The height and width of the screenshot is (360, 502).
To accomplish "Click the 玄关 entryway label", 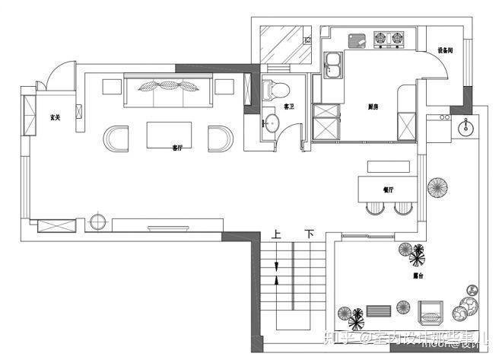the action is point(55,117).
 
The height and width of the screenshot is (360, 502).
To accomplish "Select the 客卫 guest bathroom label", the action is point(289,107).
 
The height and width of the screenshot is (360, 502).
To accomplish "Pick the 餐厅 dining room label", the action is point(388,190).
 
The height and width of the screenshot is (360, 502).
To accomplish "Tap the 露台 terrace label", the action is point(418,275).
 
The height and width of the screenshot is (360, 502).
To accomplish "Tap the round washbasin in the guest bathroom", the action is point(272,123).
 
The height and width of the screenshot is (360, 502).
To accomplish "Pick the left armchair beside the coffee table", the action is point(118,139).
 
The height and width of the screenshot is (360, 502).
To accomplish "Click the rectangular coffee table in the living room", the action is point(170,135).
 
